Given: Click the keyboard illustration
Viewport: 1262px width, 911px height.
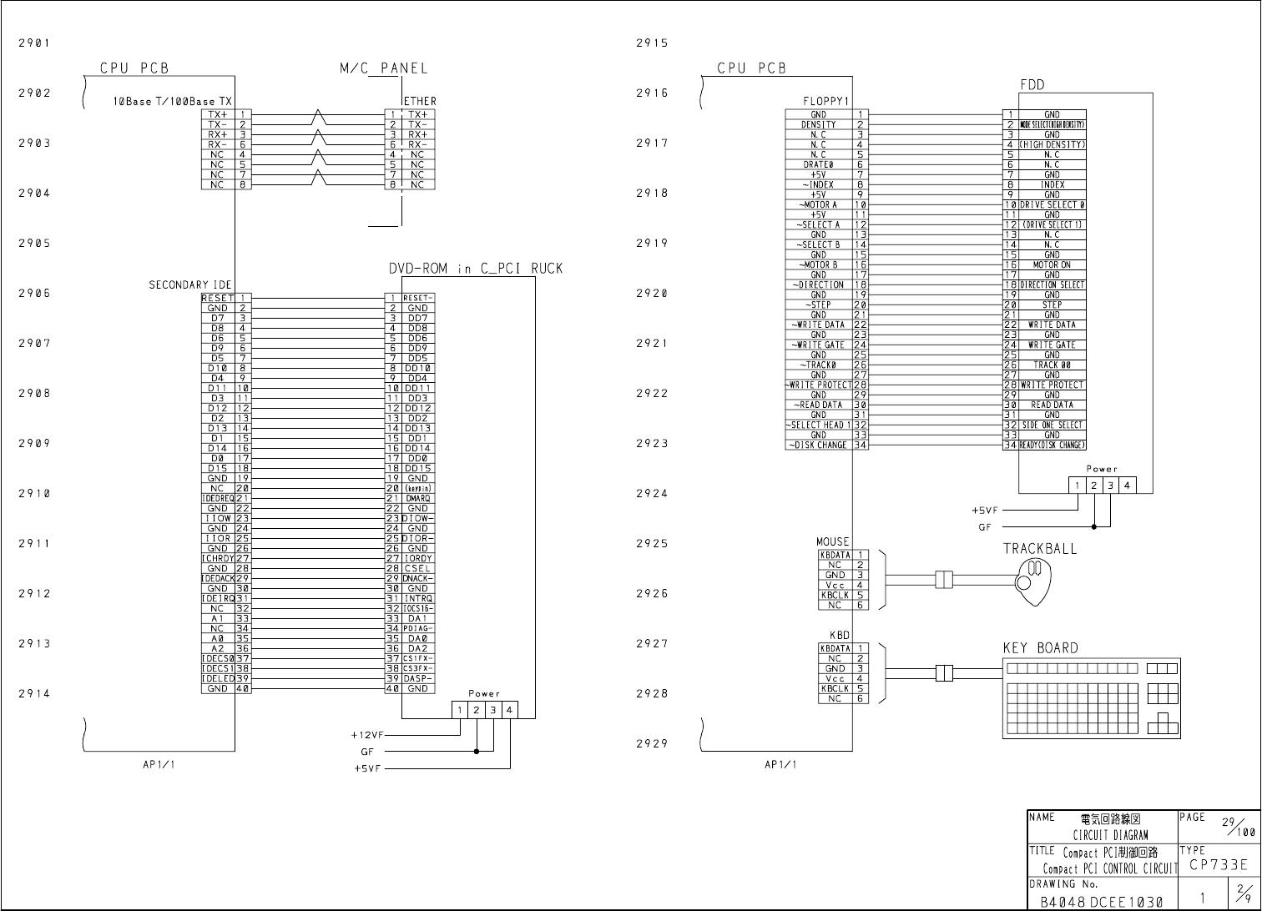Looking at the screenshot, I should tap(1091, 698).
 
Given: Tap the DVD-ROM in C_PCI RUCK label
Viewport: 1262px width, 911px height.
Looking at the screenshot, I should tap(476, 269).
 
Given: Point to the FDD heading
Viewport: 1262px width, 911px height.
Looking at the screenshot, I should tap(1032, 85).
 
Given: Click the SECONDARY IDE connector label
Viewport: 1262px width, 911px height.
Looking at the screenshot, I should tap(190, 285).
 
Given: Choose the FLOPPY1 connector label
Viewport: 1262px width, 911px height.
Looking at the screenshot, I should tap(825, 102).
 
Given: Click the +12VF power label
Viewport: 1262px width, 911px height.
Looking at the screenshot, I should tap(366, 736).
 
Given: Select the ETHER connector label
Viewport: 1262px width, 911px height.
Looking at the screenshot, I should tap(420, 102).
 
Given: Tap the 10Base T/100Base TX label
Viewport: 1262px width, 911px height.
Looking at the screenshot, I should tap(173, 102).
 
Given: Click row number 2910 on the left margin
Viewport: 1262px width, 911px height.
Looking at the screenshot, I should tap(34, 493).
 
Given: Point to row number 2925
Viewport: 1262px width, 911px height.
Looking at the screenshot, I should tap(652, 543).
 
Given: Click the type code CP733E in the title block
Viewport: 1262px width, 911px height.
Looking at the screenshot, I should tap(1219, 865).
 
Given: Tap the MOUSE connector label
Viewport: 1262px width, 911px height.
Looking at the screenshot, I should tap(833, 542).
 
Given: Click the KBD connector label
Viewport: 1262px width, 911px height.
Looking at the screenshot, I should tap(839, 636).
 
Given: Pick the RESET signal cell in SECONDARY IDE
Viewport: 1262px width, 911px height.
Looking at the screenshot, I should tap(217, 298).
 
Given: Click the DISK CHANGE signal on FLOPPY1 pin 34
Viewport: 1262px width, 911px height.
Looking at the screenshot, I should tap(818, 445).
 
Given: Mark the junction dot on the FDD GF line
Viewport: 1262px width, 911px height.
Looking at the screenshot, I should tap(1093, 527).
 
